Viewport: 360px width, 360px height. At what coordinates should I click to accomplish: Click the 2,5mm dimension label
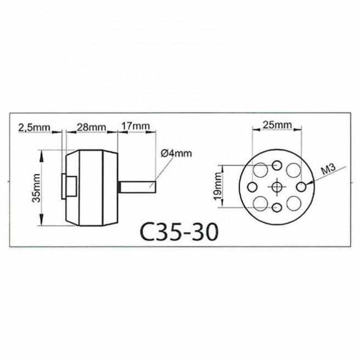click(34, 127)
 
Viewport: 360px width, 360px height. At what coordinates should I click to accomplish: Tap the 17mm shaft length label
click(136, 126)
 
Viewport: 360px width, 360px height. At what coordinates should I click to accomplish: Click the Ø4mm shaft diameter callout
click(176, 153)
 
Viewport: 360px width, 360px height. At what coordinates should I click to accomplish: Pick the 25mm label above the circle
click(277, 125)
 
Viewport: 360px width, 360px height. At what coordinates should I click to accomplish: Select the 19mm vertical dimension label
click(218, 186)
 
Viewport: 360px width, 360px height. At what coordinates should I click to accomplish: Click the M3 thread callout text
click(328, 170)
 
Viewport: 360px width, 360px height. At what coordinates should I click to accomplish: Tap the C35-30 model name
click(178, 232)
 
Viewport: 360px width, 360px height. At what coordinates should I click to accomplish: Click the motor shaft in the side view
click(138, 187)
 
